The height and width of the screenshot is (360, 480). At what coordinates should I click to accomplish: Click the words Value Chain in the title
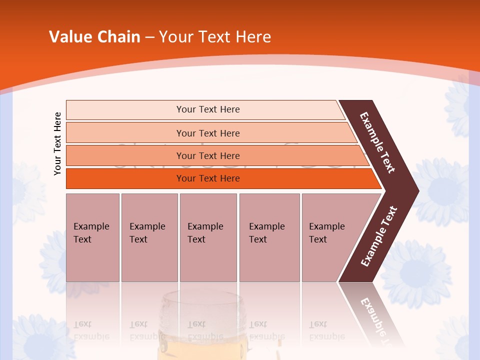(x=94, y=36)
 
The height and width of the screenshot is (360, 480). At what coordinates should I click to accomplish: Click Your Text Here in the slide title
(x=215, y=36)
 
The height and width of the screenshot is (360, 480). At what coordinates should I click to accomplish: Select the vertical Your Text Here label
(x=57, y=143)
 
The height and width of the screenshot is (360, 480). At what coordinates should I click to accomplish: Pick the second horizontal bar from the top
(x=208, y=133)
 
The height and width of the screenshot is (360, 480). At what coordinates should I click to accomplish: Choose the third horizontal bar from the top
(x=208, y=155)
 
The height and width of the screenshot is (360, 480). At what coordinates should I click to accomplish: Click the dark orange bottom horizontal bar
(x=208, y=178)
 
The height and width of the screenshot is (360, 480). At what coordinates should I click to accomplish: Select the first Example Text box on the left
(x=92, y=237)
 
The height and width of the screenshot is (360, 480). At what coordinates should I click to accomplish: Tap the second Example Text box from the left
(x=149, y=237)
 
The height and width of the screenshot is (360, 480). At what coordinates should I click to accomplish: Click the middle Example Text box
(x=208, y=237)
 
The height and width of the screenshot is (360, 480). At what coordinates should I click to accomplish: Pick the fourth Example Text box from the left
(x=269, y=237)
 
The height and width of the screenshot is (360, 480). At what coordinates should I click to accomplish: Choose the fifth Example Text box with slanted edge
(x=330, y=237)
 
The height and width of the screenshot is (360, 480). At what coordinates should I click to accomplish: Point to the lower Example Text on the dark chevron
(x=379, y=236)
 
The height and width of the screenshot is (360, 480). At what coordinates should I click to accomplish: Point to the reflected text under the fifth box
(x=326, y=330)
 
